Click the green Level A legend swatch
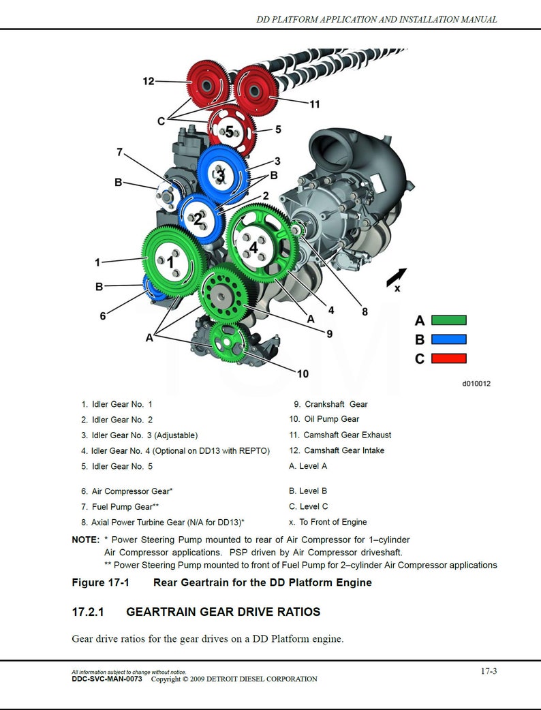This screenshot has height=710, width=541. [x=449, y=320]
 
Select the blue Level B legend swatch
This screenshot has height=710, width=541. [x=449, y=339]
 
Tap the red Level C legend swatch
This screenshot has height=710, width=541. [x=449, y=358]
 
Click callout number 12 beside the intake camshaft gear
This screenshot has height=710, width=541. [x=149, y=81]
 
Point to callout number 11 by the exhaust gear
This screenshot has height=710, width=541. [x=314, y=104]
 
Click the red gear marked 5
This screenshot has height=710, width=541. [x=231, y=130]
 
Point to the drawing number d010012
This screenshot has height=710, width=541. [x=476, y=384]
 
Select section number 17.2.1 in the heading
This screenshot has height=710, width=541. [x=87, y=612]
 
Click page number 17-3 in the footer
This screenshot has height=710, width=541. [x=489, y=671]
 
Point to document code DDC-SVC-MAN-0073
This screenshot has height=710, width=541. [x=107, y=679]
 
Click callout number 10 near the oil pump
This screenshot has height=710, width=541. [x=303, y=373]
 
